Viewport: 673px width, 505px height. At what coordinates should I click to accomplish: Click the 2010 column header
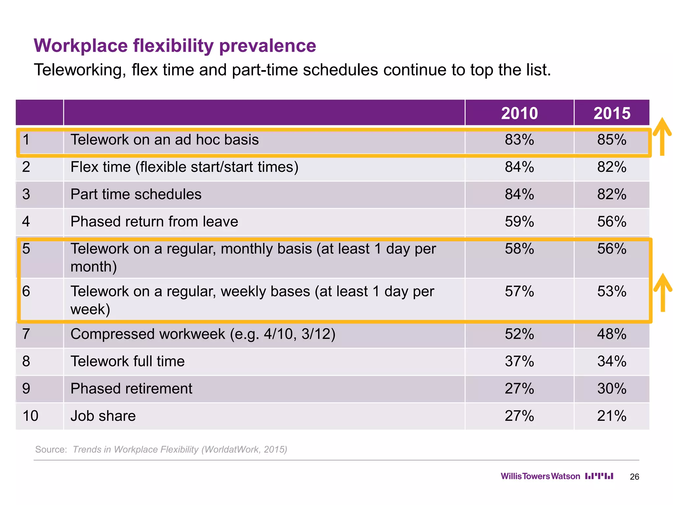[519, 113]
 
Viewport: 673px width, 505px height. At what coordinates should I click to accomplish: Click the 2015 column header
[612, 113]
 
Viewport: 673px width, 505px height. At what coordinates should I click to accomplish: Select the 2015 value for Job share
[612, 416]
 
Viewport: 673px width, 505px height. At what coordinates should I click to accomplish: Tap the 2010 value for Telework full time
[519, 361]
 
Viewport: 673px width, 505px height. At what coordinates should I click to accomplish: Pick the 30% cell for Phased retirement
[612, 389]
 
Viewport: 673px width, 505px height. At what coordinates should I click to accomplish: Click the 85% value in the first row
[612, 140]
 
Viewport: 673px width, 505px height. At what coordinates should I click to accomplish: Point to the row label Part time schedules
[136, 194]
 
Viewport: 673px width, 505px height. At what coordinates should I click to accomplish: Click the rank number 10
[30, 416]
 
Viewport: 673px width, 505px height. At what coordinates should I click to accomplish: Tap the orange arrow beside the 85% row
[662, 136]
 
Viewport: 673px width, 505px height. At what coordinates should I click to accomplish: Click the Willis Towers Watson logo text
[540, 476]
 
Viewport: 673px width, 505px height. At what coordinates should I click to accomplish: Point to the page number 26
[634, 477]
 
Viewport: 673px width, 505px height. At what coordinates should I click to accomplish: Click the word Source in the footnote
[51, 449]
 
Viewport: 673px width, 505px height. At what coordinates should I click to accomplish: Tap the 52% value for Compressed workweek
[519, 334]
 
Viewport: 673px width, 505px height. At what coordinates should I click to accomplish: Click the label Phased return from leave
[154, 222]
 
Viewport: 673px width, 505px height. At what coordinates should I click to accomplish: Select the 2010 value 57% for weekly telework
[519, 292]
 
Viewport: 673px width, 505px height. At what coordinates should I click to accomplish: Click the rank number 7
[26, 334]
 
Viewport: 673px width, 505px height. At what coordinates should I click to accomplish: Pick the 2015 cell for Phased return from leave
[612, 222]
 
